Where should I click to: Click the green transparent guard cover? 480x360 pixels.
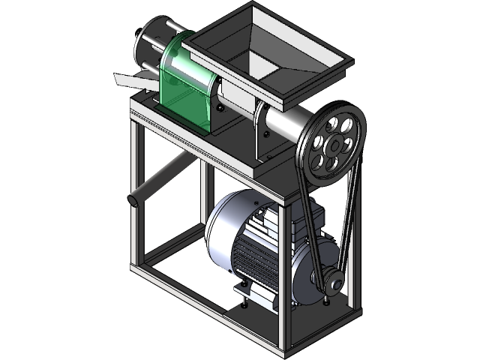pos(183,82)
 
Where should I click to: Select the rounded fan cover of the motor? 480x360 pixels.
pos(225,225)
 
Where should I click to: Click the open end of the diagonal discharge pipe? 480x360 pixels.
pos(134,200)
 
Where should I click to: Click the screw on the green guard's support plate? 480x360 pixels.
pos(219,108)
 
